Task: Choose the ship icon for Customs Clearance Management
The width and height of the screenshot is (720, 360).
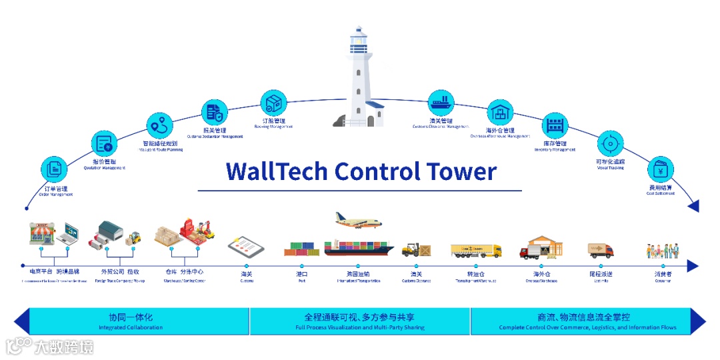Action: coord(441,103)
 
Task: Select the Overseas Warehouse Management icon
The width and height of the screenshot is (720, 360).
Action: coord(500,112)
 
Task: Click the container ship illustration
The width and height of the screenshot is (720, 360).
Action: coord(359,247)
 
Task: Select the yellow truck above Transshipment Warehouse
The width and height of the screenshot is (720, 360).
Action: coord(475,251)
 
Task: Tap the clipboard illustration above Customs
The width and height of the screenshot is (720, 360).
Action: coord(246,248)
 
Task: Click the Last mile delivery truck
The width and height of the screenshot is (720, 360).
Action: coord(600,251)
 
